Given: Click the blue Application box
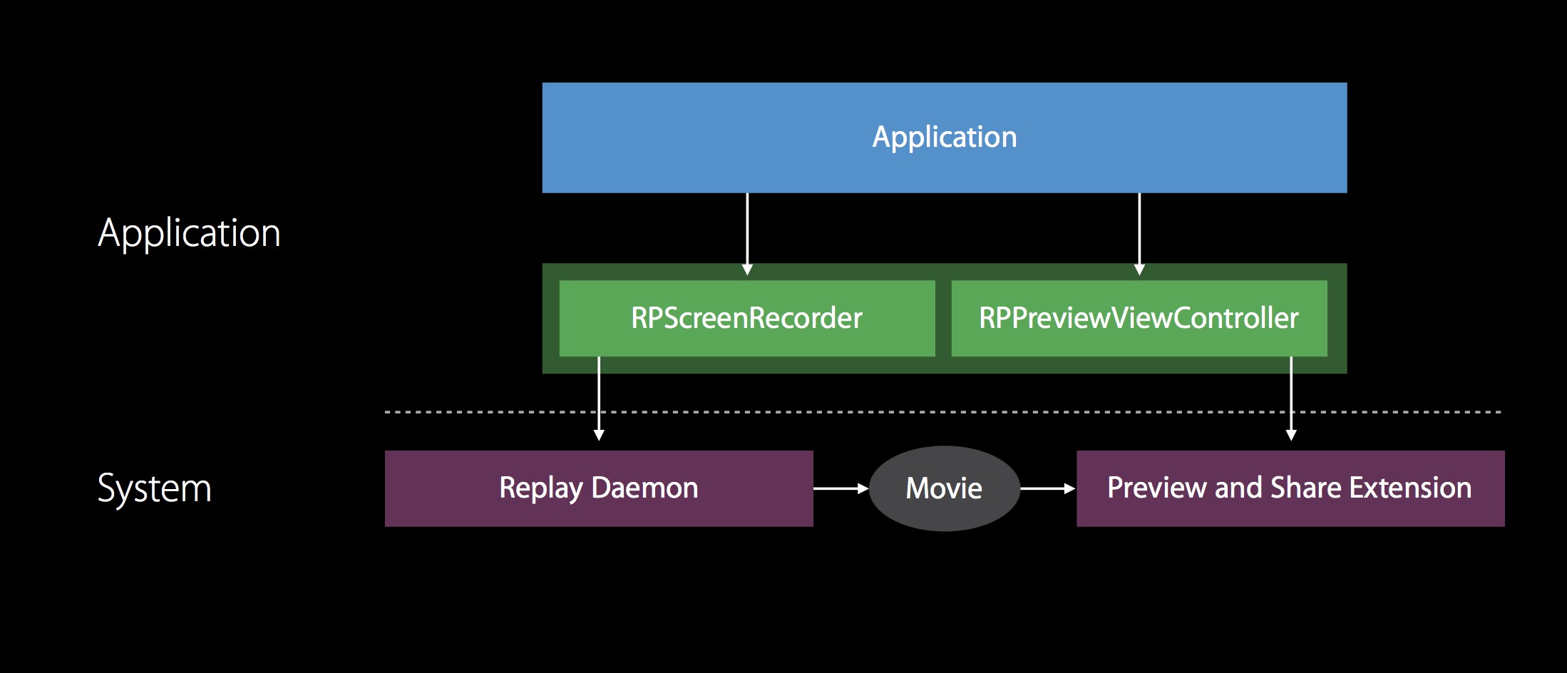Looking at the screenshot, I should (944, 138).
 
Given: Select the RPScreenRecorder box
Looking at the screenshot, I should (746, 318).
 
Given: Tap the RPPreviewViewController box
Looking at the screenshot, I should (1139, 318).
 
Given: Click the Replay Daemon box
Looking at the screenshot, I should (598, 488).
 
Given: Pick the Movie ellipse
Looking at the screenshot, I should (944, 488).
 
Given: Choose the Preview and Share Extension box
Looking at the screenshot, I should (1290, 488).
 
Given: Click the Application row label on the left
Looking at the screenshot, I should (189, 233).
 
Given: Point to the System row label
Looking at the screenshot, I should (154, 488).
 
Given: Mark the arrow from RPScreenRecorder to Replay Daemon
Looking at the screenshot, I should (599, 399).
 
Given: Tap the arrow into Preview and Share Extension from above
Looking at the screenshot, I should (1291, 399).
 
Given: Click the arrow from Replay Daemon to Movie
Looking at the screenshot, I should (841, 488).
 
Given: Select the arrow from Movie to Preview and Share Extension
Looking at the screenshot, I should (1047, 488).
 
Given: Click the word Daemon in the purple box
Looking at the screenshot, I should (644, 488).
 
